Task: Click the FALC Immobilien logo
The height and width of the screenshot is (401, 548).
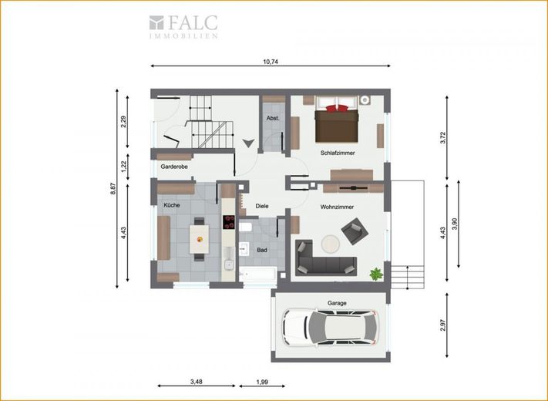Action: click(183, 26)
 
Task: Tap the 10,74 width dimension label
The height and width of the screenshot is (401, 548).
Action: click(271, 62)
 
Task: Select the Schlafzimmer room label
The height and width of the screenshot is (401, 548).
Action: click(338, 153)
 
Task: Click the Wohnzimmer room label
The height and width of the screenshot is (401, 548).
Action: click(337, 207)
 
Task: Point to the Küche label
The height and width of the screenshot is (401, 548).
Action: click(172, 205)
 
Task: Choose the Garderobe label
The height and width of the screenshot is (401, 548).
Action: click(174, 167)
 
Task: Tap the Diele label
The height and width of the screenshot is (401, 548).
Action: click(262, 206)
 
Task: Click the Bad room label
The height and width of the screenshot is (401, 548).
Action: click(262, 250)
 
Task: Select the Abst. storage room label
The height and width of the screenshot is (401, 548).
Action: click(273, 118)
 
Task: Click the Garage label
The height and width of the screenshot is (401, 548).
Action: click(337, 303)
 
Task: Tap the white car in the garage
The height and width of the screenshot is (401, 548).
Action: click(331, 327)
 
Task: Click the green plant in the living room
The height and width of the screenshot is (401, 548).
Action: click(376, 274)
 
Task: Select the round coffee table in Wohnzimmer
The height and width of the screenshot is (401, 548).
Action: click(331, 244)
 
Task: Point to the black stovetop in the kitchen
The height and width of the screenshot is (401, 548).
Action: click(229, 222)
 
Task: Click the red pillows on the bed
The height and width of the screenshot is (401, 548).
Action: click(338, 108)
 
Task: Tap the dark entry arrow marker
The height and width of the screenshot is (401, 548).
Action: click(248, 143)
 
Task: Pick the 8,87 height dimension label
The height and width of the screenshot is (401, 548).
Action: click(113, 189)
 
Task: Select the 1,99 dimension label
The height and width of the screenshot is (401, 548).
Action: click(262, 382)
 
